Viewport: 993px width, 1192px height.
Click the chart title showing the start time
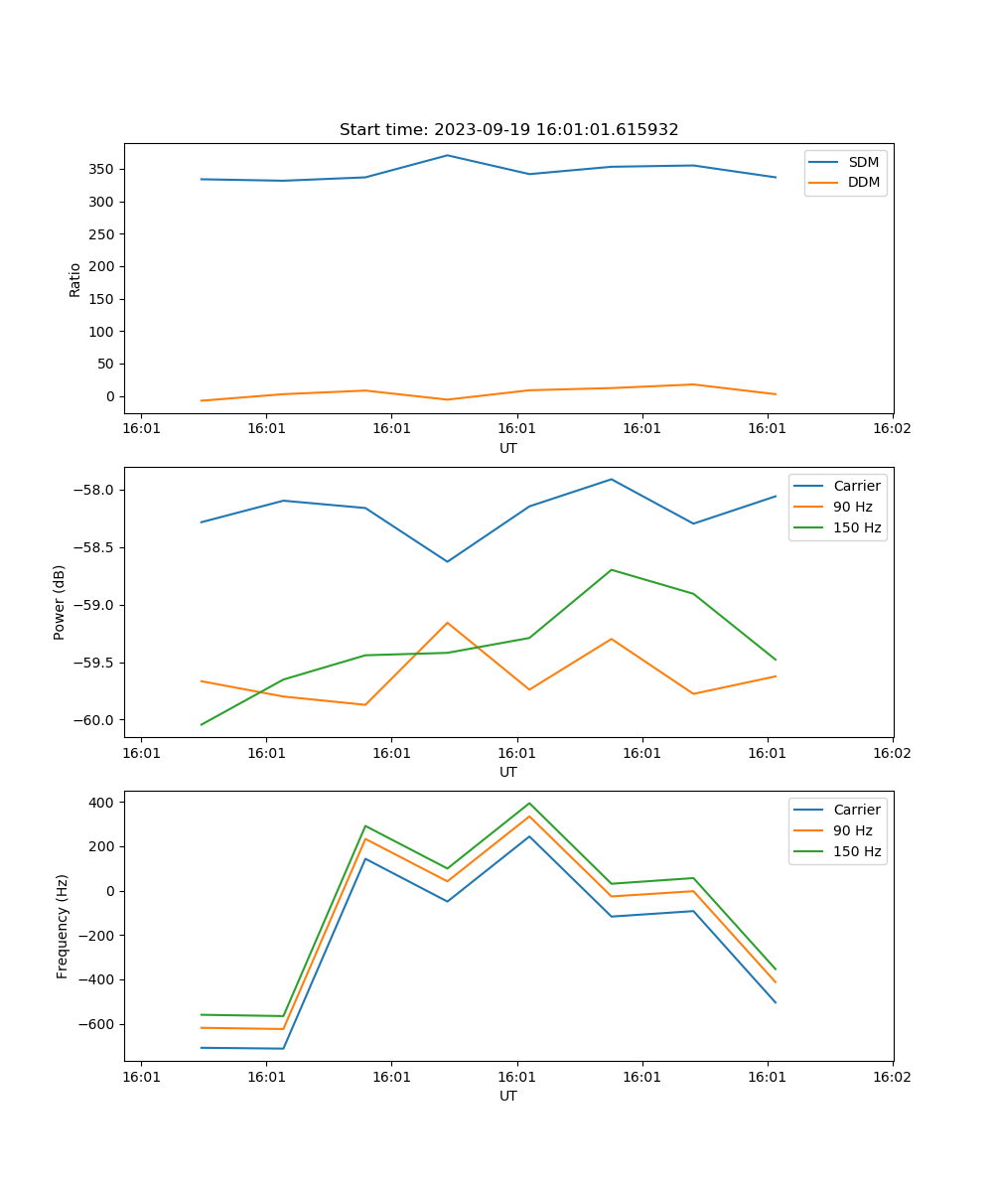508,130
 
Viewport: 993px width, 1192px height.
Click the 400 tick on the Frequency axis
101,802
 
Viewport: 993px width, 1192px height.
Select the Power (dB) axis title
60,602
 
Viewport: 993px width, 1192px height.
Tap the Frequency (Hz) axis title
62,926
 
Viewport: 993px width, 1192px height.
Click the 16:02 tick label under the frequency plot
892,1077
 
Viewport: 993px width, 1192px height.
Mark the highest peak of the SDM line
447,155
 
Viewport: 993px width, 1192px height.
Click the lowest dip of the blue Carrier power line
447,561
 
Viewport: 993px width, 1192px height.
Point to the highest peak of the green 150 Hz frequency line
529,803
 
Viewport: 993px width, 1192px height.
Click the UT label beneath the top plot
508,448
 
